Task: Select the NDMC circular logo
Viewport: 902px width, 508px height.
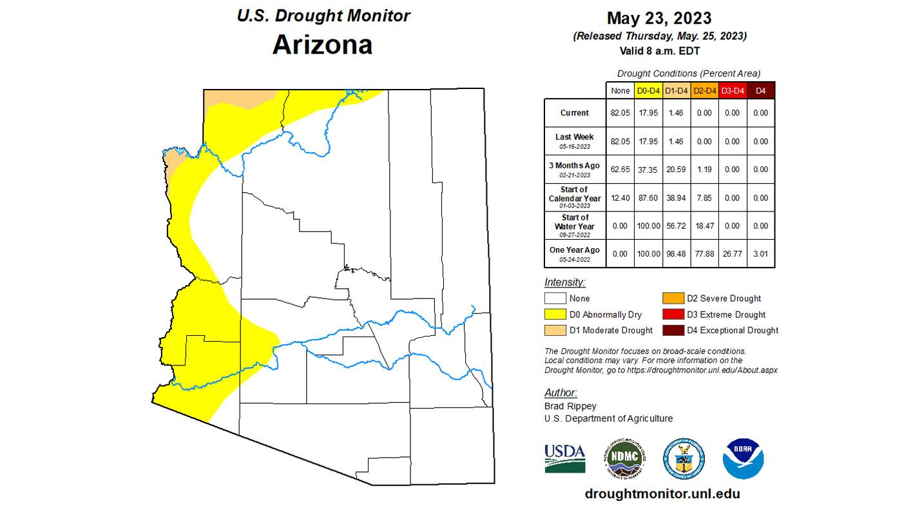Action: [624, 459]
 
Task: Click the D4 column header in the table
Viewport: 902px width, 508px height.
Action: [760, 91]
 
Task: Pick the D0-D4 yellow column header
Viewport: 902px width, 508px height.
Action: [648, 91]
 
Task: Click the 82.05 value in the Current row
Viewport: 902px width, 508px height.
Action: [620, 113]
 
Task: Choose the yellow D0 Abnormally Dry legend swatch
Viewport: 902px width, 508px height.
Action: [555, 315]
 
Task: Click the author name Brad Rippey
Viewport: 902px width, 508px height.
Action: [570, 406]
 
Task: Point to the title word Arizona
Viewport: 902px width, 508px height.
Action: [322, 44]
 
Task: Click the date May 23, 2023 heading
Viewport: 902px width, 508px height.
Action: [659, 17]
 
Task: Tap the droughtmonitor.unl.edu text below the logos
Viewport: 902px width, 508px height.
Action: [662, 494]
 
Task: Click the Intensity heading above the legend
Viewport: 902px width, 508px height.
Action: [564, 282]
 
